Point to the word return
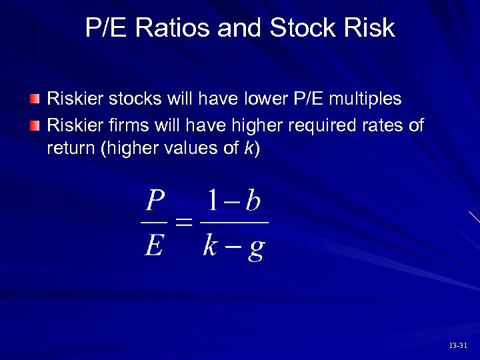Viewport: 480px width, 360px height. coord(70,149)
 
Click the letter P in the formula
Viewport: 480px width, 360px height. coord(155,201)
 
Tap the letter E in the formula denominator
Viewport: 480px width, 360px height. coord(154,246)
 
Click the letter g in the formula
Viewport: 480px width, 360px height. coord(255,248)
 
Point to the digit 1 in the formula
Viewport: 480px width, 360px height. coord(213,200)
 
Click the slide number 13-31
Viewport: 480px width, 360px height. coord(459,345)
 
